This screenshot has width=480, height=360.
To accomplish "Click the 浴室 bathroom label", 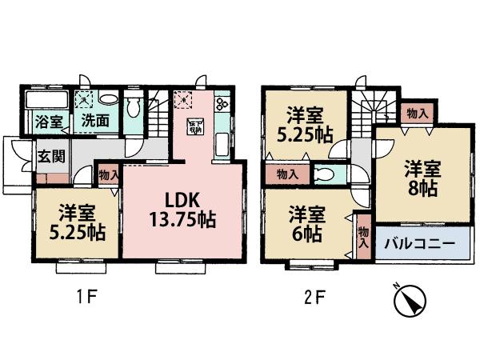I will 49,122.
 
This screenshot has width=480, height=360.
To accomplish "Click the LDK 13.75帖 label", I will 182,206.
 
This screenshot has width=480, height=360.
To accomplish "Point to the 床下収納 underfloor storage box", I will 194,126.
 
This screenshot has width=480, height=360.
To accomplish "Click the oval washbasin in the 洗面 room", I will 110,101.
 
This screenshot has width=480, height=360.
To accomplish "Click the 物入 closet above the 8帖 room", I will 417,113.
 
